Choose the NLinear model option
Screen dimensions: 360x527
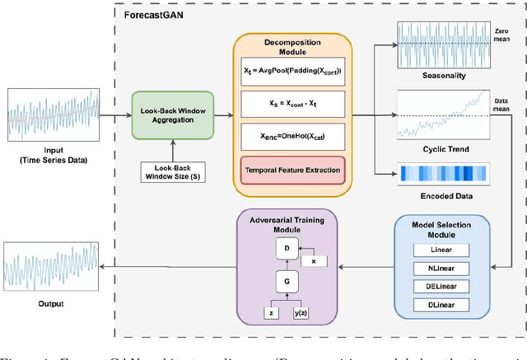pos(441,269)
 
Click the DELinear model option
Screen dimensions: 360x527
pos(441,286)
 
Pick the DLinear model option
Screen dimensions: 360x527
pos(441,305)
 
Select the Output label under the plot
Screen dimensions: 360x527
pos(51,303)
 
